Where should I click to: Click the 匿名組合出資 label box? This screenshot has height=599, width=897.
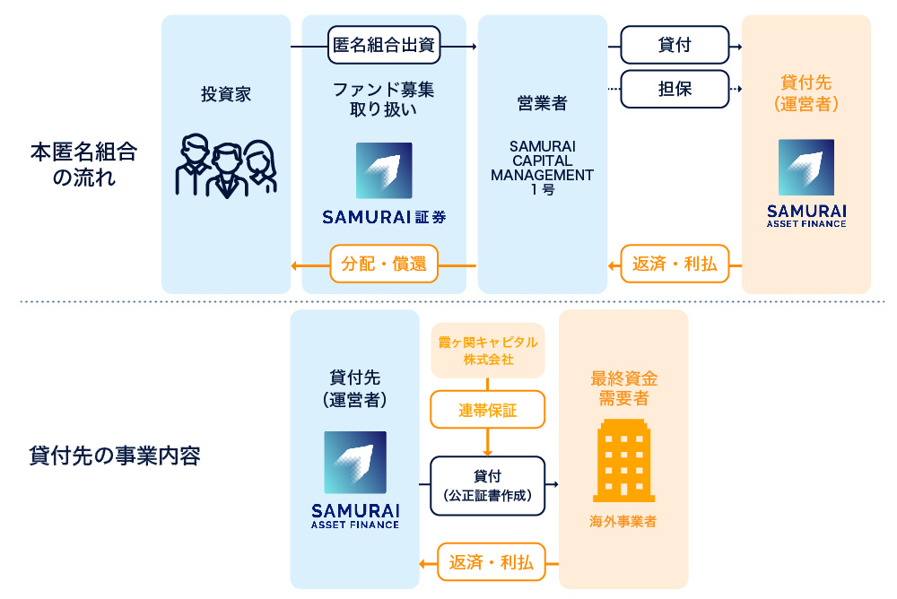tap(384, 46)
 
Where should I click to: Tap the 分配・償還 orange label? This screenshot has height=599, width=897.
tap(383, 265)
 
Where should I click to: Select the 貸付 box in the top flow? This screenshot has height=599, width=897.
tap(675, 46)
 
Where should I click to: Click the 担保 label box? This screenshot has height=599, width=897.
tap(675, 89)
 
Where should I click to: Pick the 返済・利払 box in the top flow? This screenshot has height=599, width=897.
tap(675, 265)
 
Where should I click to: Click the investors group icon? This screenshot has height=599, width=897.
tap(225, 166)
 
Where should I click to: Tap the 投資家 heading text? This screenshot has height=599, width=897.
tap(226, 94)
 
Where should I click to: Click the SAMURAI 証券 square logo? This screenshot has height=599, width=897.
tap(384, 170)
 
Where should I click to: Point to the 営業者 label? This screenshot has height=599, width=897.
tap(542, 103)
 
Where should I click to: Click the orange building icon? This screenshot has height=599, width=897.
tap(623, 459)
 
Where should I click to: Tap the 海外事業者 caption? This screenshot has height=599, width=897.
tap(623, 521)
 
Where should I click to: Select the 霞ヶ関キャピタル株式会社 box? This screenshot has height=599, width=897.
tap(488, 350)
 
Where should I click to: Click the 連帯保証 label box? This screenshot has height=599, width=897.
tap(488, 411)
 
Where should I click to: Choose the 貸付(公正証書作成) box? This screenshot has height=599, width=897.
tap(488, 485)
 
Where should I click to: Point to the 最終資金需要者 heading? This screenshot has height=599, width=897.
tap(623, 388)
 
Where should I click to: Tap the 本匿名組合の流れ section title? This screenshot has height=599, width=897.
tap(83, 164)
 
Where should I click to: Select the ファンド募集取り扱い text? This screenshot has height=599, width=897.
tap(384, 100)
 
